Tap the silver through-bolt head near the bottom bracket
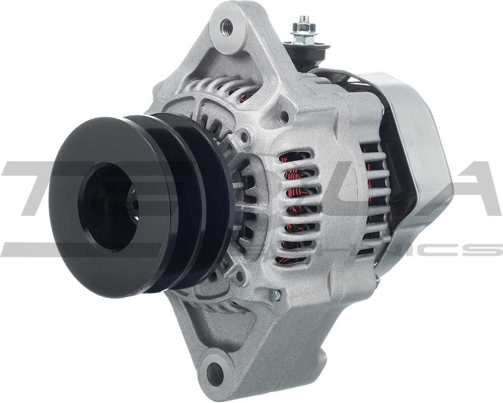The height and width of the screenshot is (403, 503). tap(276, 293)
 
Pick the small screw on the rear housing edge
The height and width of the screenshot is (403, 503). tap(377, 280)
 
